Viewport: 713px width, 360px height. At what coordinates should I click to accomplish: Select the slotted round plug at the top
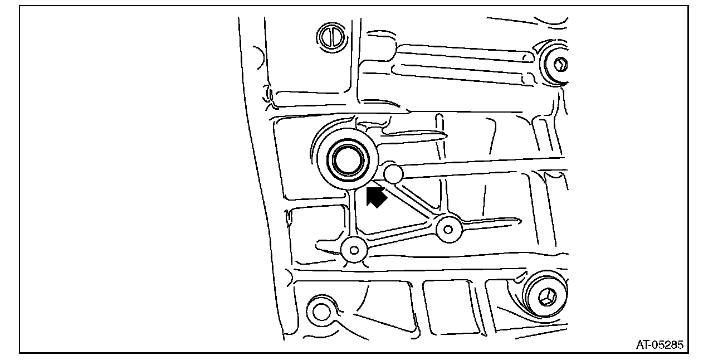329,36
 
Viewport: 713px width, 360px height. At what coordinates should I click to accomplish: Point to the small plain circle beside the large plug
393,174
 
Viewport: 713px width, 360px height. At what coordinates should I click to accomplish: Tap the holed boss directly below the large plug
354,250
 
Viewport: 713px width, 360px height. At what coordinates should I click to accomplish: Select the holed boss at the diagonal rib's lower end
448,228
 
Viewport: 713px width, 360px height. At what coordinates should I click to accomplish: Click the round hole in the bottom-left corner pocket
322,311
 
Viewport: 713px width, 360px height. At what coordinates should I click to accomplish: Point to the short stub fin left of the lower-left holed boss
328,245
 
